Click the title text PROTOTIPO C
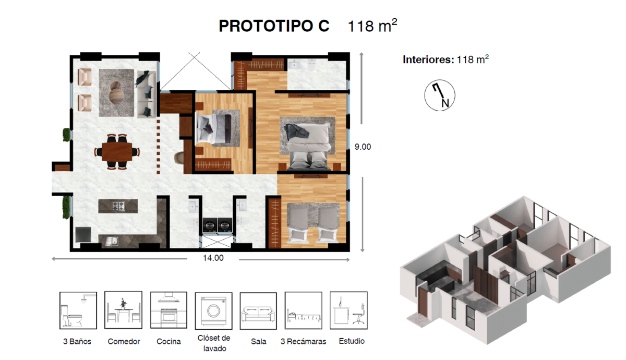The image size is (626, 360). (274, 26)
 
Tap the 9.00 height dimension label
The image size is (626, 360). (363, 147)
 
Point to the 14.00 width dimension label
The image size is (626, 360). (213, 258)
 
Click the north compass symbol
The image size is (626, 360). (440, 95)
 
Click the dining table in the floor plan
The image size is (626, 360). (117, 152)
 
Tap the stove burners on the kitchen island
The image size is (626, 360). (118, 206)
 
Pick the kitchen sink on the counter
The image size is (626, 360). (112, 241)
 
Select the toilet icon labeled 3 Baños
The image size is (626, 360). (78, 310)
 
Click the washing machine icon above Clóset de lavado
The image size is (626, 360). (213, 311)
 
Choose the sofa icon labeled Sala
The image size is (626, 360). (258, 311)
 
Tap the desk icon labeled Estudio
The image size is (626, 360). (348, 310)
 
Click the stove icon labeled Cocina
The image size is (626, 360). (168, 310)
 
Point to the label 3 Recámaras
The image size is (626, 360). (303, 342)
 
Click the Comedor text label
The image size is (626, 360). (124, 342)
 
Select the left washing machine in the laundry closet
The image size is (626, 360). (210, 225)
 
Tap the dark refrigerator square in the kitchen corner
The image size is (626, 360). (83, 234)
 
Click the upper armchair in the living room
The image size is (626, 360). (85, 77)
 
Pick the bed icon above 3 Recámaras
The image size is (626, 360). (304, 310)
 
